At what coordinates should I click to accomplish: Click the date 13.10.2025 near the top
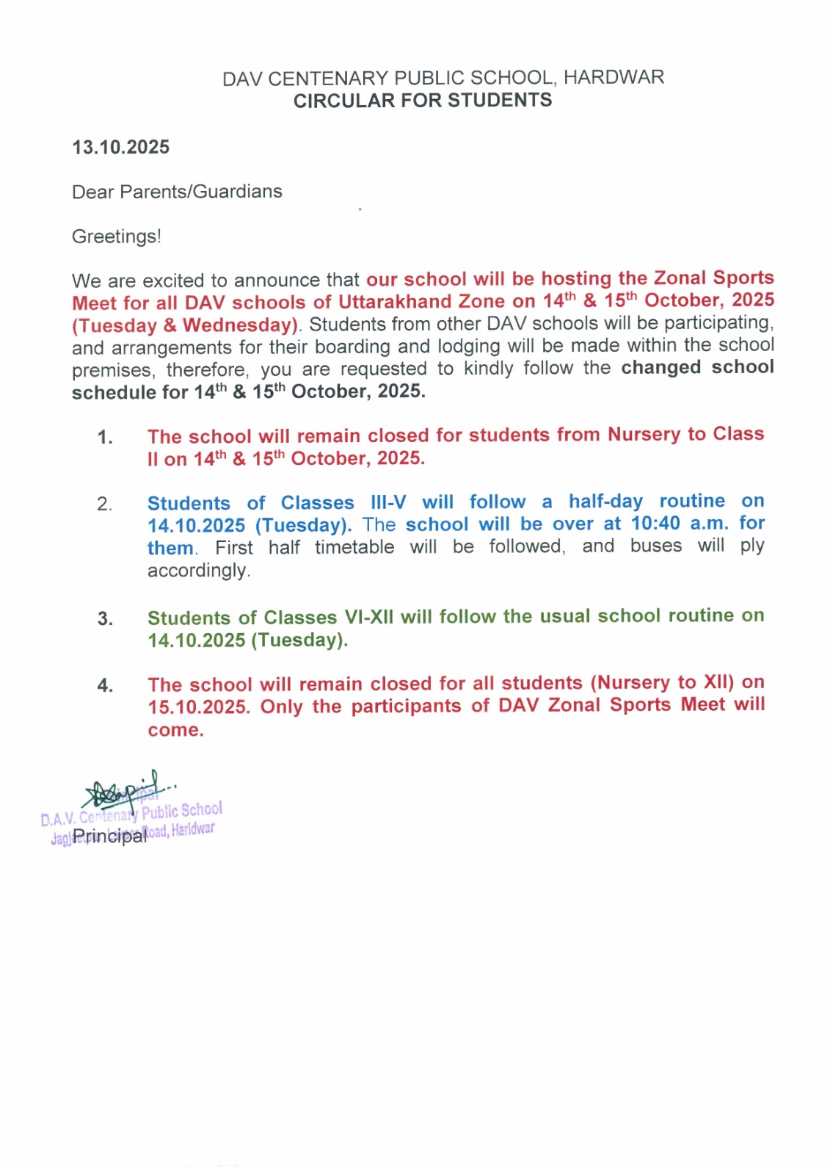120,148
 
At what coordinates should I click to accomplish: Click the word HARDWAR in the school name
614,77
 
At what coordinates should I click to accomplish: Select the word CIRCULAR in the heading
335,101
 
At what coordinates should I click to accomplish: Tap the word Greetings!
116,236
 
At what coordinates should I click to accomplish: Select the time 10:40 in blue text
655,524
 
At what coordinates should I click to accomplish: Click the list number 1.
105,438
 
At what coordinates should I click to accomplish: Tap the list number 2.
105,505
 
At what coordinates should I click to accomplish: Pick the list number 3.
105,619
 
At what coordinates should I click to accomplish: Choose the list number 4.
105,686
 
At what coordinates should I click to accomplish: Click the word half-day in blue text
605,502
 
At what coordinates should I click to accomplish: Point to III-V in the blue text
388,502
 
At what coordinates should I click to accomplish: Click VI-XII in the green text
369,617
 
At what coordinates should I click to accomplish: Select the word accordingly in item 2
198,571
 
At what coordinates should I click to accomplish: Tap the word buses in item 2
655,546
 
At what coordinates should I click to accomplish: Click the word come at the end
174,731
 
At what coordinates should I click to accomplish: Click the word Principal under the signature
109,836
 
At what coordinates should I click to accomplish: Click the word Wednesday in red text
239,325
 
